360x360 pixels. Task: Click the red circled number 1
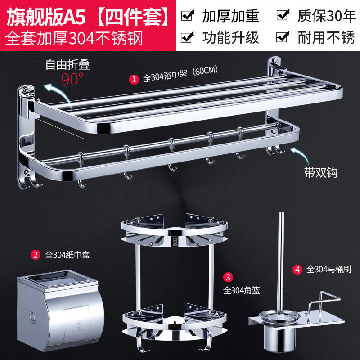(x=134, y=79)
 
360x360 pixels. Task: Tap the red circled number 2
(x=36, y=255)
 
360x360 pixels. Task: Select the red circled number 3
(x=228, y=277)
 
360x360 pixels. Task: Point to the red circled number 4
(x=297, y=269)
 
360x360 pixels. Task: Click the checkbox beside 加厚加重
(x=187, y=15)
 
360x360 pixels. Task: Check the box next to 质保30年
(x=283, y=15)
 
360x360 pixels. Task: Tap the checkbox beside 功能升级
(x=187, y=37)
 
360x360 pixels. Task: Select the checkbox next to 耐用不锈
(x=283, y=37)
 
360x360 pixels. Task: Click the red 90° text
(x=72, y=79)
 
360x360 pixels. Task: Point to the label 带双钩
(x=321, y=172)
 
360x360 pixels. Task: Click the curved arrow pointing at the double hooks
(x=301, y=154)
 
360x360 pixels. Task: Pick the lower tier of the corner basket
(x=175, y=324)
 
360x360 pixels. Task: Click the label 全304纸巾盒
(x=67, y=255)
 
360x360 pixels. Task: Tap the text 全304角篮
(x=242, y=291)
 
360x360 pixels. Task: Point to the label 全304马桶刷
(x=329, y=269)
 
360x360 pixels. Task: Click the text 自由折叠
(x=67, y=64)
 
